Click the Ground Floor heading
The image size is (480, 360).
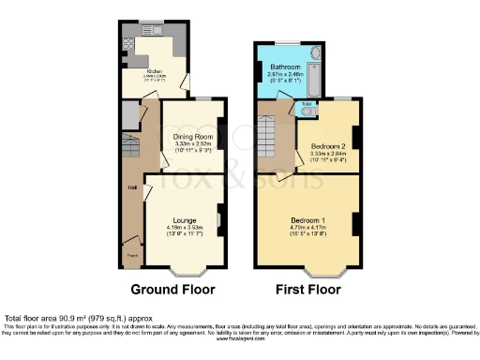[x=172, y=289]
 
